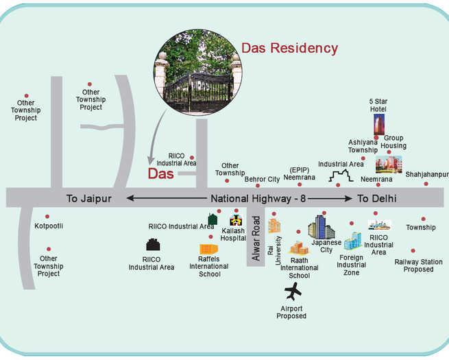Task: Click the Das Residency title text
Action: [x=289, y=48]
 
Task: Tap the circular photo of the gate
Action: [x=198, y=75]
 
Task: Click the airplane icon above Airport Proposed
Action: [x=293, y=291]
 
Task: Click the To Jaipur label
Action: [x=88, y=198]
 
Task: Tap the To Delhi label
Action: [x=376, y=198]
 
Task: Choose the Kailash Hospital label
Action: [x=233, y=235]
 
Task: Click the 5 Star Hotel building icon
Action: [x=379, y=125]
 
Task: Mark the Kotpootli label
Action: [x=49, y=226]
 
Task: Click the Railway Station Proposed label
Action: [x=418, y=265]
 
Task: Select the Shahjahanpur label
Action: [x=426, y=175]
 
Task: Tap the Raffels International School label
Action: [x=208, y=266]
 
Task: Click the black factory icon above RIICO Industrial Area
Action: [x=153, y=245]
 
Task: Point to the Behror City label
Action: [x=262, y=179]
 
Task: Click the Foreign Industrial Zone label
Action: [x=352, y=265]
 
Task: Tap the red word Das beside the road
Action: [x=162, y=173]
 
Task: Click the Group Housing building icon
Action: [x=389, y=165]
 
